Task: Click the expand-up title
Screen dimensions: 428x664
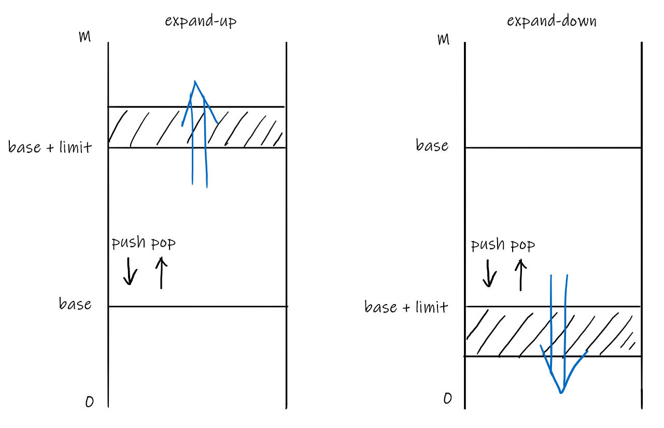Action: (x=201, y=21)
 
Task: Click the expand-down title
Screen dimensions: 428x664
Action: (x=552, y=21)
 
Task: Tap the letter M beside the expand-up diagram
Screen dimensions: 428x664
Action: (x=84, y=37)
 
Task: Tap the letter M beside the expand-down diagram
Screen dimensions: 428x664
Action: (x=443, y=39)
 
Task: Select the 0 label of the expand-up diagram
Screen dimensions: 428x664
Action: (x=90, y=402)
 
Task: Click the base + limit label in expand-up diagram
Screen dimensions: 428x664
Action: (x=50, y=147)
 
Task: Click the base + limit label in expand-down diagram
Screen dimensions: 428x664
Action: (x=406, y=307)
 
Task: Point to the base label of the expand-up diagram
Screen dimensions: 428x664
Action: (x=75, y=304)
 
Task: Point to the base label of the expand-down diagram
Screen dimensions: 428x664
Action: (x=432, y=146)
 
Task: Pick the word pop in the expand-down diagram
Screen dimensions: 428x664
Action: (x=522, y=245)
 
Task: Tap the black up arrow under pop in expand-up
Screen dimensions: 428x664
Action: (x=161, y=273)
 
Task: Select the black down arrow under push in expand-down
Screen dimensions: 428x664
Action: (x=488, y=274)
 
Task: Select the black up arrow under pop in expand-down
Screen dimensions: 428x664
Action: (x=520, y=274)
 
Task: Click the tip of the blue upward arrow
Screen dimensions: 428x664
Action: (x=194, y=81)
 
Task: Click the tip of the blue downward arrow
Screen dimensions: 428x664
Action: (x=561, y=393)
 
